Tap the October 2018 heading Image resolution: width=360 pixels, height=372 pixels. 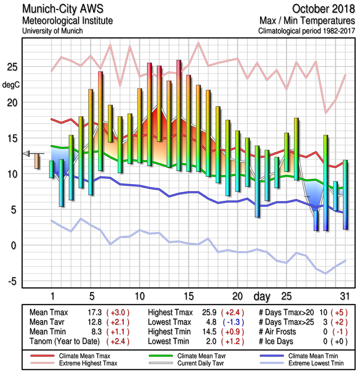322,9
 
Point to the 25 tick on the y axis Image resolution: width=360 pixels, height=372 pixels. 13,67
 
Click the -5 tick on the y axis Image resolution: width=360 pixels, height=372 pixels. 13,281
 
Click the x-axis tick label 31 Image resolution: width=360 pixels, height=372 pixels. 344,296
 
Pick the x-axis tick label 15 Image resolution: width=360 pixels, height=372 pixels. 188,296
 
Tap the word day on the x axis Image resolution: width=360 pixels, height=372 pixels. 263,296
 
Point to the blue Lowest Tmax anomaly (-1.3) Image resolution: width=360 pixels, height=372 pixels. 233,322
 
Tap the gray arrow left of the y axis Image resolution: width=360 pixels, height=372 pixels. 26,153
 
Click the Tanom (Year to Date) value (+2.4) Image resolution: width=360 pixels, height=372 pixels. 118,341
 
